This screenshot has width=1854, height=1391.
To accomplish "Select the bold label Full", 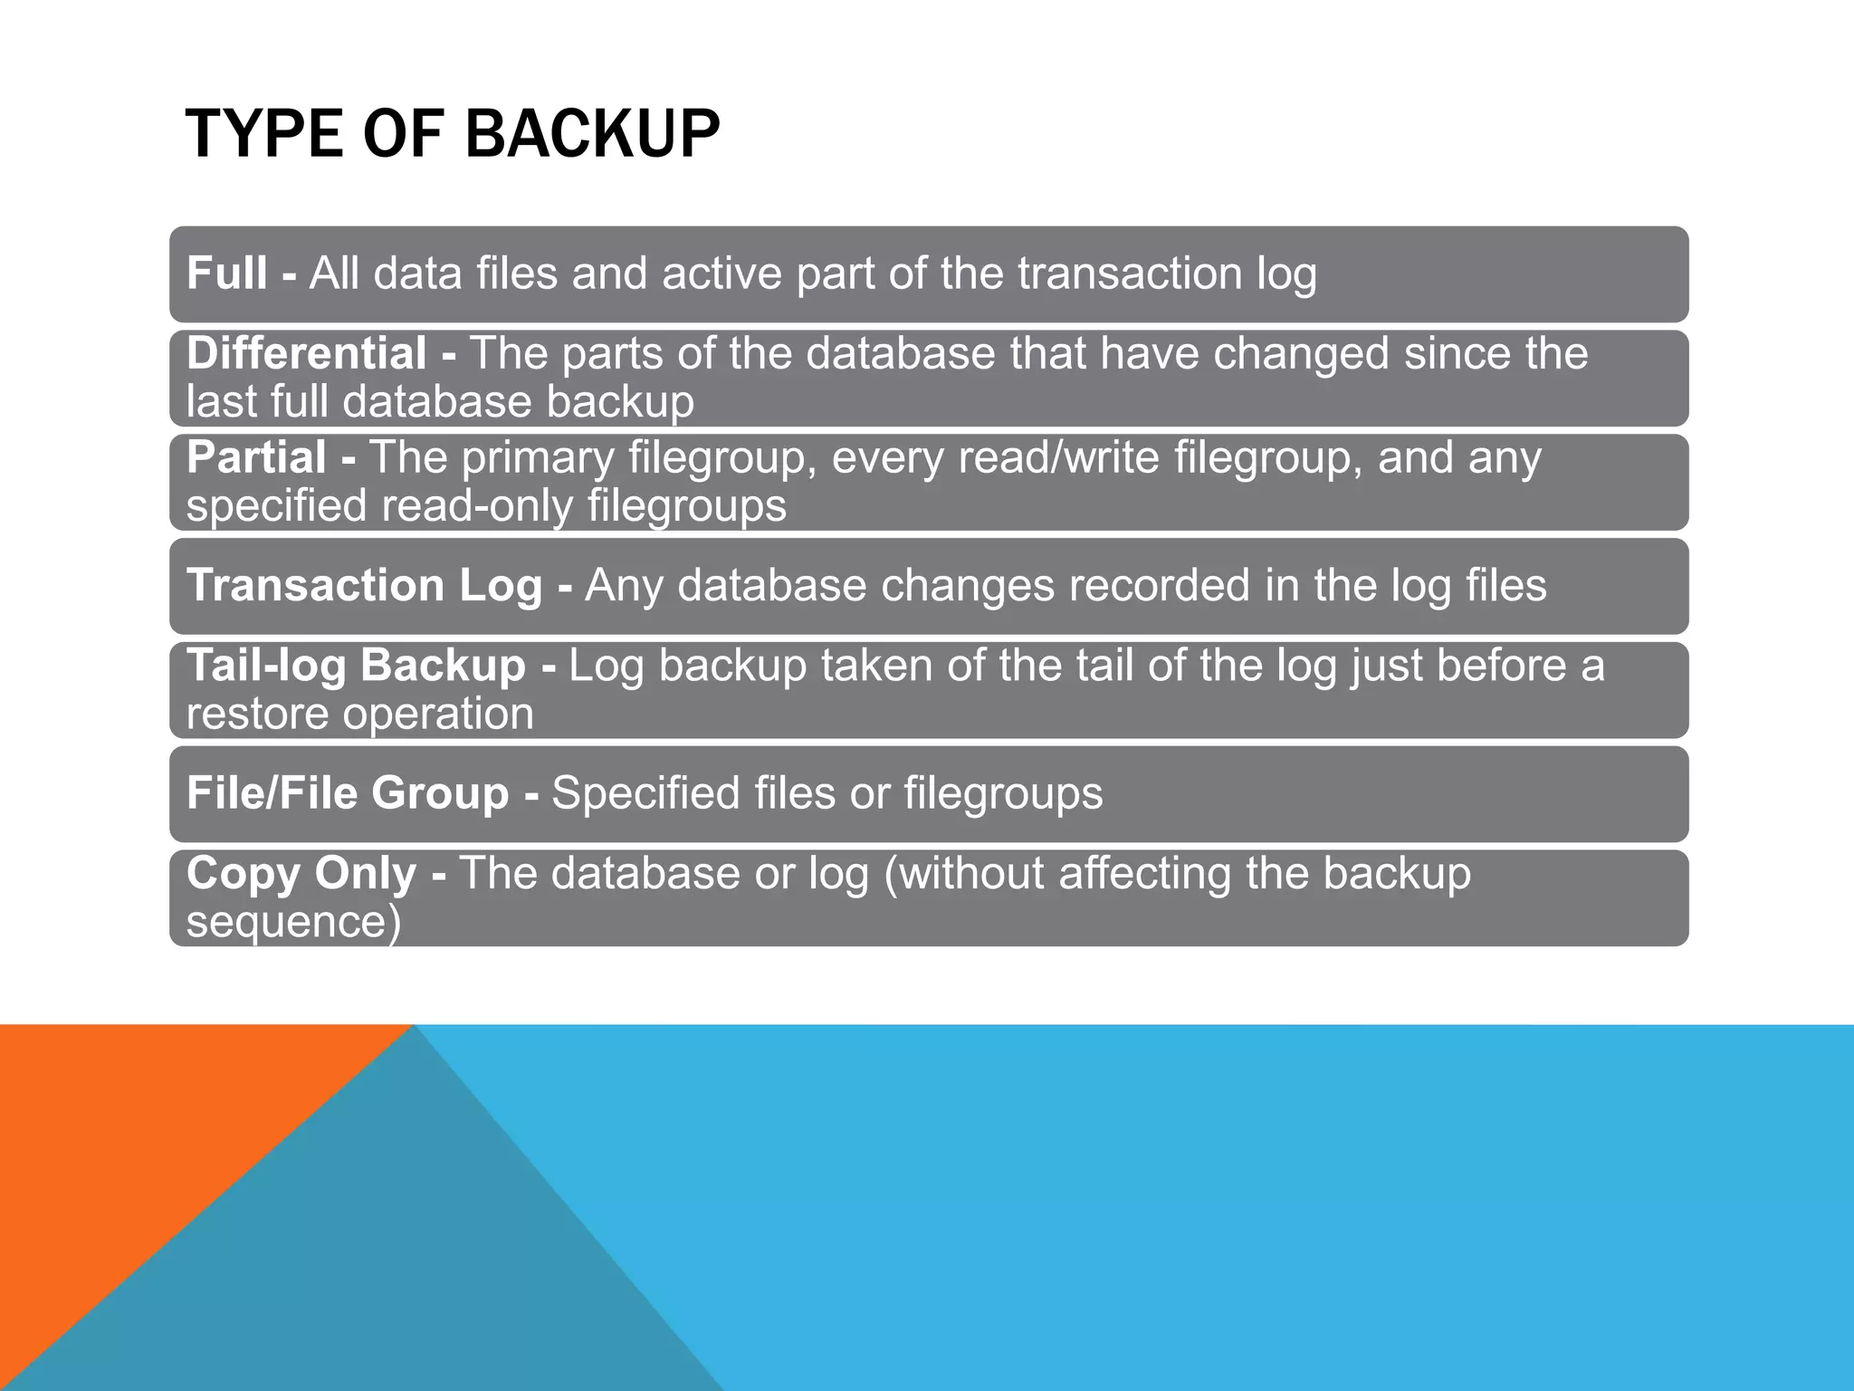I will click(x=226, y=273).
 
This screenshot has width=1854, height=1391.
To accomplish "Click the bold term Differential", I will click(x=306, y=353).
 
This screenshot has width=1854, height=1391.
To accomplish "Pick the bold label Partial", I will click(x=256, y=457).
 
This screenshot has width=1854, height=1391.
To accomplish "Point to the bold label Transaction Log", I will click(x=364, y=585).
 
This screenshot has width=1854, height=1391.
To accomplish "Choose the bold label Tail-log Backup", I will click(x=356, y=666).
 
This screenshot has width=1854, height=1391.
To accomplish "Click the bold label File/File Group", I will click(x=348, y=793).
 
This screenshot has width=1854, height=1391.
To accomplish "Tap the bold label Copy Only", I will click(x=301, y=874).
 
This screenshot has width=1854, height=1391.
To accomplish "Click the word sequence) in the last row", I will click(x=293, y=922).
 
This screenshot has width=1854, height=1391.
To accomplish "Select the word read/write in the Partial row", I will click(x=1058, y=457).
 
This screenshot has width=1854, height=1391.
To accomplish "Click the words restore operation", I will click(x=360, y=714).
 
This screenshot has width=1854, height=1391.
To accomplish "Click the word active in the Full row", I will click(x=722, y=273).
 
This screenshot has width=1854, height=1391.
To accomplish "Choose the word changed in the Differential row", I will click(x=1301, y=353).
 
